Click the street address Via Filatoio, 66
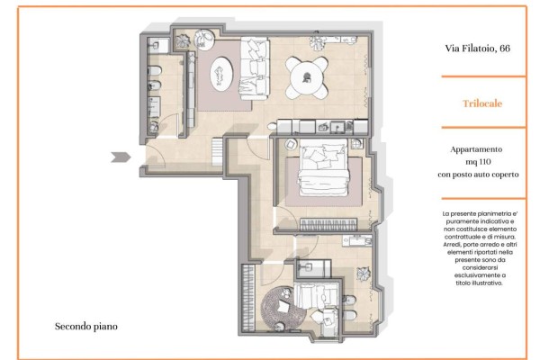[477, 49]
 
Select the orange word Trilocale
[482, 103]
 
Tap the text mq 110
[478, 162]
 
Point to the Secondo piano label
[86, 326]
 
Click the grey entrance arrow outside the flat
[121, 157]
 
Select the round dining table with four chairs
[307, 77]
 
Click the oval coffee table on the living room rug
[221, 74]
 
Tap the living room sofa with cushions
[255, 68]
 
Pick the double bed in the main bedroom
[323, 167]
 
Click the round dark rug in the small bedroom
[283, 310]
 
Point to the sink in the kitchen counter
[337, 127]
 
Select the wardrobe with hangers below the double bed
[328, 225]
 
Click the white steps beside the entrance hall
[217, 151]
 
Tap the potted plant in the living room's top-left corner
[183, 41]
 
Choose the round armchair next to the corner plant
[204, 40]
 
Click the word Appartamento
[476, 149]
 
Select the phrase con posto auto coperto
[478, 175]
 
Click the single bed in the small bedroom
[316, 295]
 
